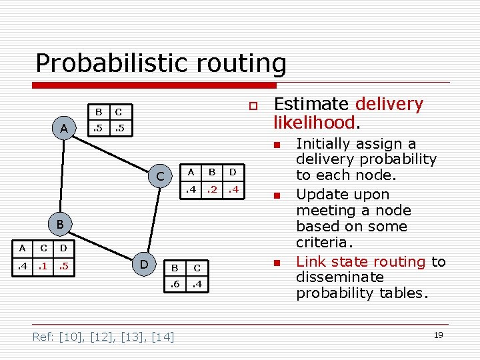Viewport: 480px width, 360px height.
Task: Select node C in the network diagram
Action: [x=159, y=177]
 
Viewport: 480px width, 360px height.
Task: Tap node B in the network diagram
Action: [x=59, y=225]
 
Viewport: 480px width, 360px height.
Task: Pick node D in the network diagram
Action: [x=143, y=265]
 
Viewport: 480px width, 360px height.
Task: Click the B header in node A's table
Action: [x=99, y=111]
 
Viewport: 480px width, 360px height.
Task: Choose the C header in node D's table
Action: [x=197, y=267]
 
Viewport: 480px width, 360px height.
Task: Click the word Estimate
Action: [x=311, y=104]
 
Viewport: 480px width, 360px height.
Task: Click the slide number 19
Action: [x=438, y=335]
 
